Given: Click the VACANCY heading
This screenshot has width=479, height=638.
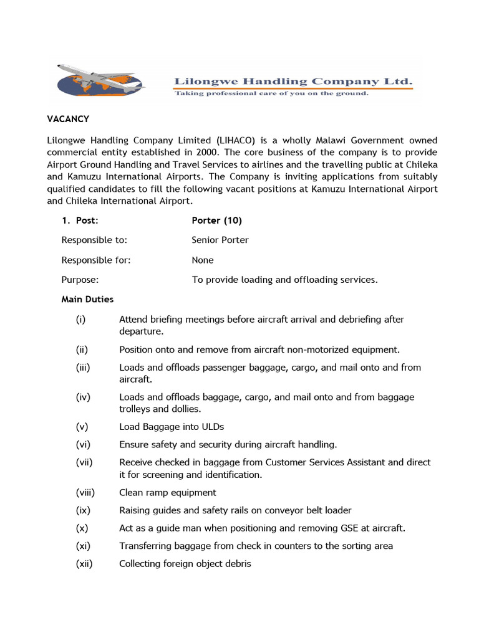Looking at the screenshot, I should [69, 118].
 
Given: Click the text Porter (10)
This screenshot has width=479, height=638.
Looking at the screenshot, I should [216, 221].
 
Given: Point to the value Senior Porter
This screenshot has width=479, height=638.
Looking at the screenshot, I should [220, 240].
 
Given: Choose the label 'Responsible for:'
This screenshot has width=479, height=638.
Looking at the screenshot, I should [96, 260].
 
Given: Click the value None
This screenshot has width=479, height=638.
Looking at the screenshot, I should [203, 260].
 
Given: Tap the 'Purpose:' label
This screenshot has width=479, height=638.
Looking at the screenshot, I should [80, 280].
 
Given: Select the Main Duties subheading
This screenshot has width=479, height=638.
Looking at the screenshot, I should [87, 299].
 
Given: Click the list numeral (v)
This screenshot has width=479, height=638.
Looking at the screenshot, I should [82, 427].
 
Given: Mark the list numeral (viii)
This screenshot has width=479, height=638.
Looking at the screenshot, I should [85, 492].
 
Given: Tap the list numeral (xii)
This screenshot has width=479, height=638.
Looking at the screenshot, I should [84, 564].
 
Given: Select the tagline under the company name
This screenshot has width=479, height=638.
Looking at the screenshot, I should [271, 93].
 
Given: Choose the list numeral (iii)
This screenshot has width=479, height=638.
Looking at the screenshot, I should [84, 368].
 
